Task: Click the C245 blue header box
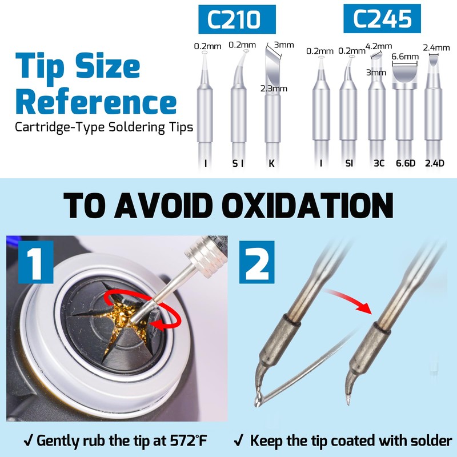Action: [382, 19]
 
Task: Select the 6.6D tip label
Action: [406, 163]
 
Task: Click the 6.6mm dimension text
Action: [405, 57]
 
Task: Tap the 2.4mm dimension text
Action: [435, 47]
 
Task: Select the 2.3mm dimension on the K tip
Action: [274, 88]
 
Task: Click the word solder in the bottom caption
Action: [425, 441]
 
